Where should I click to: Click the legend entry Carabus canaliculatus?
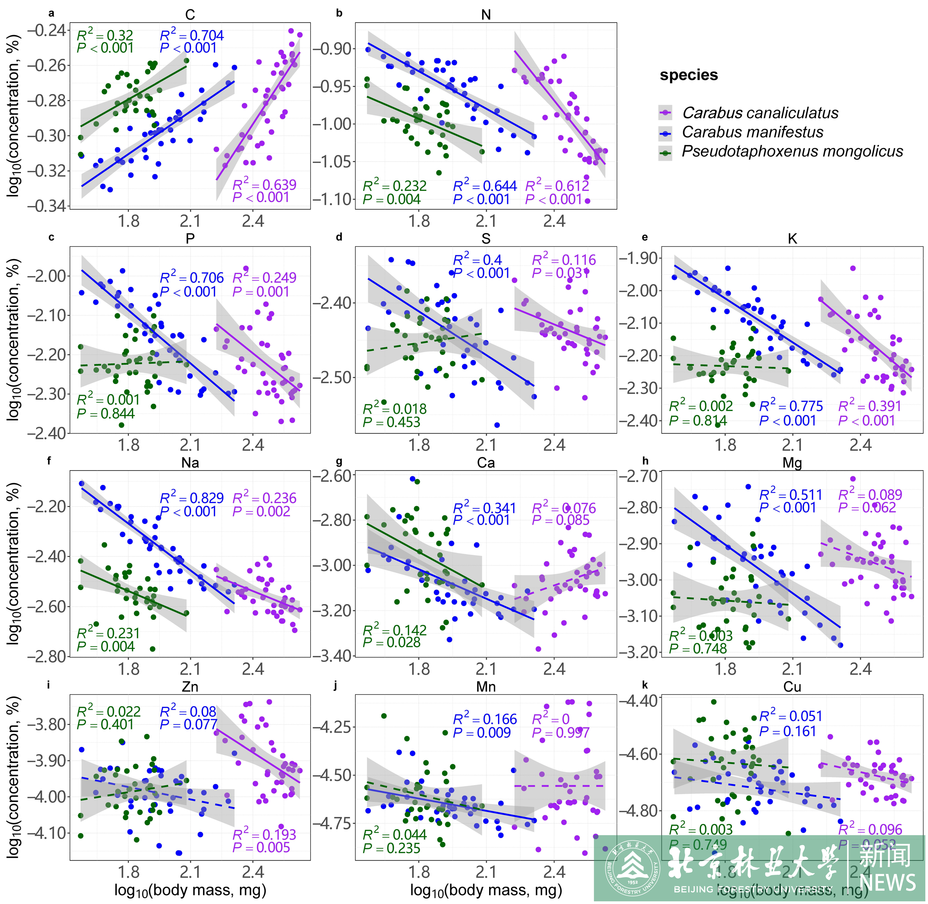759,113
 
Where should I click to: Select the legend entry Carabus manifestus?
752,132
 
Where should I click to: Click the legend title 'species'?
688,75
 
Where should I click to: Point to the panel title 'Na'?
190,463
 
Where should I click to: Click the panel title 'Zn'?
190,687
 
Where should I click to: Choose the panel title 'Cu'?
792,687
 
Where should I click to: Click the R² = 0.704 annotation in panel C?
191,36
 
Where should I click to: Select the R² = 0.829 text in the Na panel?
191,498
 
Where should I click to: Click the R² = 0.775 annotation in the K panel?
791,406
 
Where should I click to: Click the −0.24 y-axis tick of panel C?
46,31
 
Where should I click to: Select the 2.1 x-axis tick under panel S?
486,445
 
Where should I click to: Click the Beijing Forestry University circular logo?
632,870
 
